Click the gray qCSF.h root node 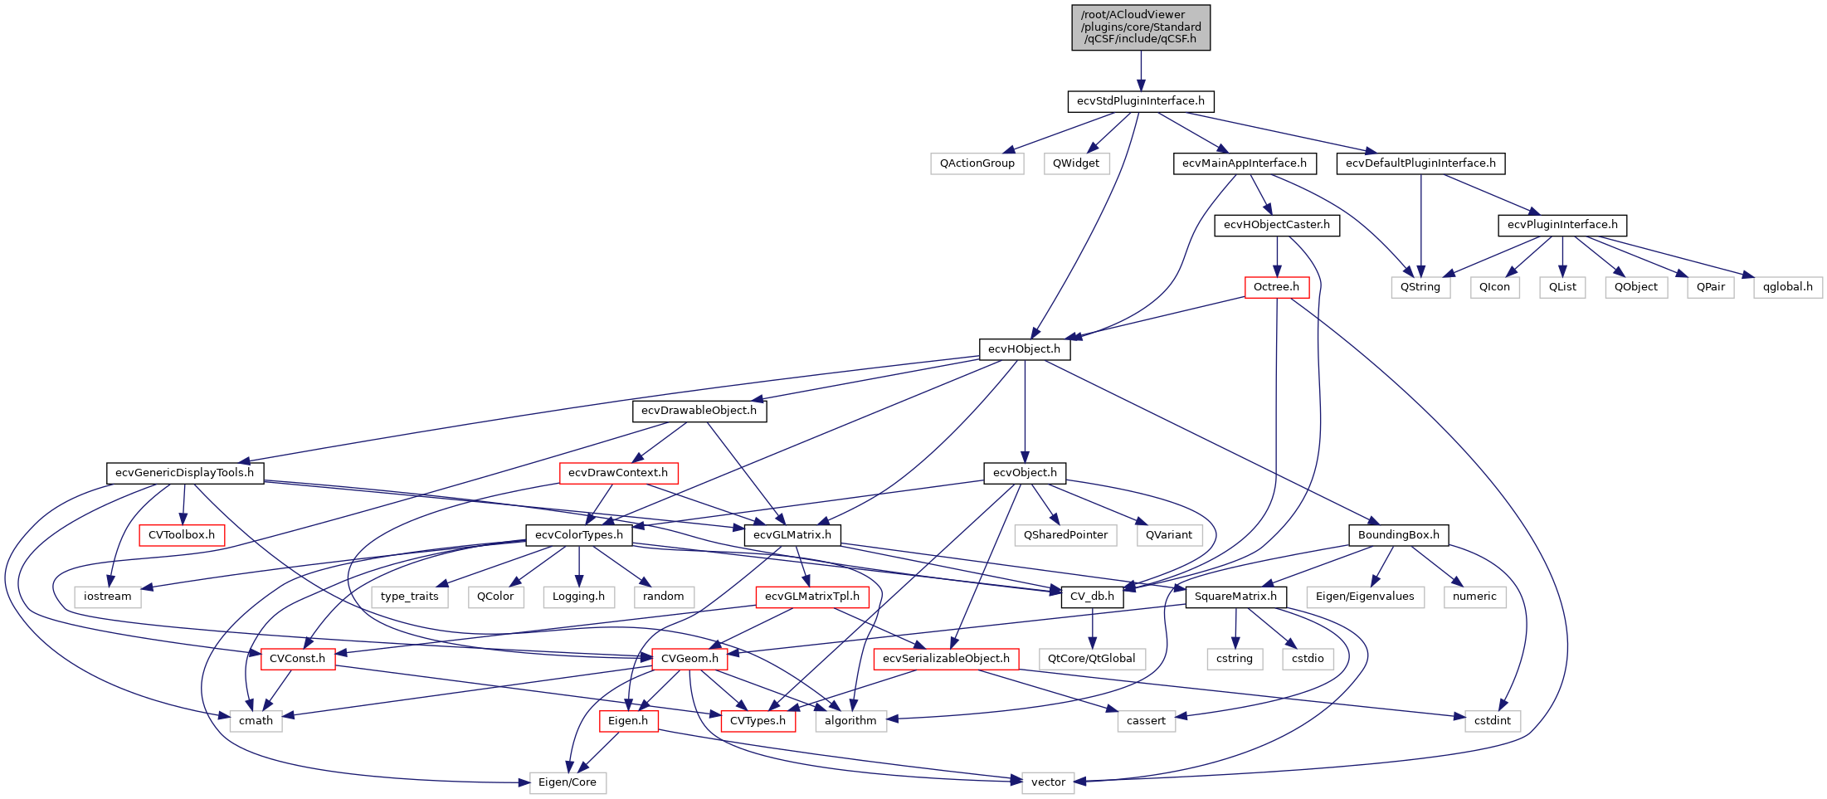(1140, 27)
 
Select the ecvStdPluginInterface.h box (1140, 101)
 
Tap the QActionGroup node (977, 163)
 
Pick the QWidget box (1075, 163)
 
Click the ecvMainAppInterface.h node (1244, 163)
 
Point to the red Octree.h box (1276, 287)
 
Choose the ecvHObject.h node (1024, 349)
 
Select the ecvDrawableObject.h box (699, 411)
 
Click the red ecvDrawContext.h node (617, 473)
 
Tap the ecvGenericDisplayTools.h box (184, 473)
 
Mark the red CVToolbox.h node (181, 535)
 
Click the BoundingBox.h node (1398, 535)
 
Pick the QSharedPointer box (1065, 535)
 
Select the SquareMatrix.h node (1235, 597)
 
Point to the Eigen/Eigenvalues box (1365, 597)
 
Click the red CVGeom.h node (689, 659)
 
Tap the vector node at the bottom (1048, 782)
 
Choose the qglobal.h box (1787, 287)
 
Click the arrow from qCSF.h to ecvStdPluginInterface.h (1140, 71)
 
